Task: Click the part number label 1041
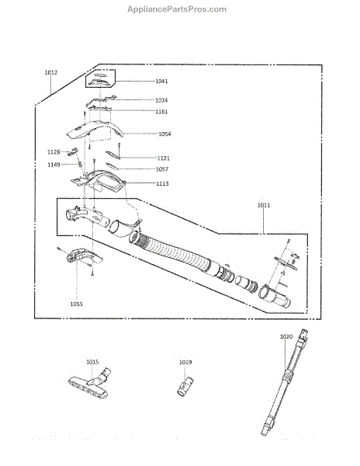click(161, 81)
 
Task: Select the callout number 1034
click(161, 100)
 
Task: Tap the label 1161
click(161, 112)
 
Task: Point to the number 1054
click(164, 134)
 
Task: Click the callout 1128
click(54, 152)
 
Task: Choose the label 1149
click(54, 165)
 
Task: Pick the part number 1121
click(163, 158)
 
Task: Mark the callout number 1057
click(162, 169)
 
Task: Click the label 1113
click(162, 183)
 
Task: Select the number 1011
click(264, 205)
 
